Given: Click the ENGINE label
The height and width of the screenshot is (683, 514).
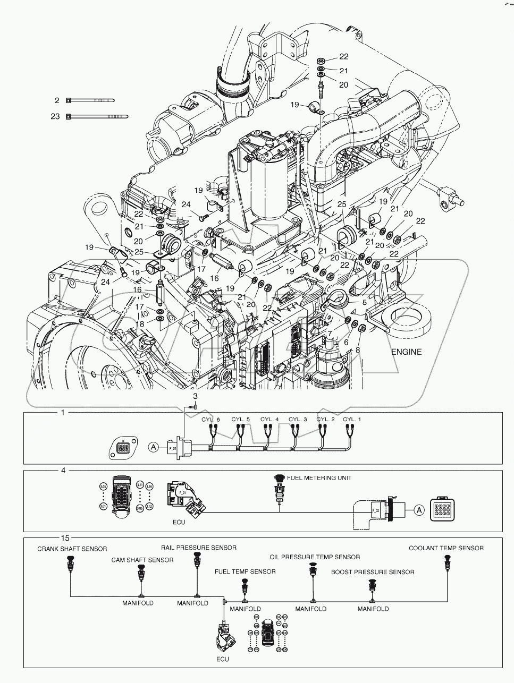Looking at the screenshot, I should coord(406,352).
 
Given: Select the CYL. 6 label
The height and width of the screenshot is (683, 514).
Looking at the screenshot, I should coord(210,419).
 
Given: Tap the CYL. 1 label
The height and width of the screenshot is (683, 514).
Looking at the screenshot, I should coord(352,419).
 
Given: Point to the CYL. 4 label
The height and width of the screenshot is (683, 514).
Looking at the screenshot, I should coord(269,419).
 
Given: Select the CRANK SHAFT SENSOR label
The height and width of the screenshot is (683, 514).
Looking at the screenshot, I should coord(72,549).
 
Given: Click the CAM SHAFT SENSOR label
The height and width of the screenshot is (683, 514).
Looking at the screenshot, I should coord(142,560).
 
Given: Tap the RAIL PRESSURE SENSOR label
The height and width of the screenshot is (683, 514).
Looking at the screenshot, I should coord(199,547).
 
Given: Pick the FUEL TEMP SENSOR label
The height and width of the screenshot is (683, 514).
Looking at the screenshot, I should coord(245,571).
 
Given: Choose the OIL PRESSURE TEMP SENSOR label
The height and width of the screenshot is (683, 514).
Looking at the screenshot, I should coord(315,557).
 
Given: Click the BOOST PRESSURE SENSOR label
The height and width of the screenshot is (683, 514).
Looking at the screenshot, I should coord(373,572).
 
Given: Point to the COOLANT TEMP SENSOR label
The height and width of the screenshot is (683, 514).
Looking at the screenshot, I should coord(446,548).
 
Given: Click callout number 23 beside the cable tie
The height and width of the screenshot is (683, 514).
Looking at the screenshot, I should coord(55,116).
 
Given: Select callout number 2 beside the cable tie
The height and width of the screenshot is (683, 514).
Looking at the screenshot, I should coord(57,100).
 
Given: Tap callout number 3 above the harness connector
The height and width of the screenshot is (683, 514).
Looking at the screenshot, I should coord(195,396).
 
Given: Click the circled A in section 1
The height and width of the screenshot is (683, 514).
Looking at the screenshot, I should coord(154,447).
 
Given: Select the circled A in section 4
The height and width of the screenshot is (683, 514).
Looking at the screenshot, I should coord(419,510).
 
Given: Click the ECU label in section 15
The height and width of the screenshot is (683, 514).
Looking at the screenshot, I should coord(222,659).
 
